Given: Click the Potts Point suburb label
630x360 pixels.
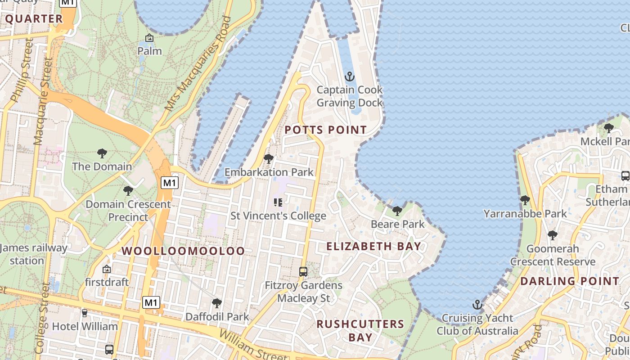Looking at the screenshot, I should [x=326, y=130].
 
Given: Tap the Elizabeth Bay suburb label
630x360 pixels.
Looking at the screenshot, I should [x=373, y=246].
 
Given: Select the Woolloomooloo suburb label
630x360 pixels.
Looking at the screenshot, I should [x=184, y=251].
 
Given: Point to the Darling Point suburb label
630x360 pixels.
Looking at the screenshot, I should [x=570, y=281].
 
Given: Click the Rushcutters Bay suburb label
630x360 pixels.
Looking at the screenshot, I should [x=360, y=330].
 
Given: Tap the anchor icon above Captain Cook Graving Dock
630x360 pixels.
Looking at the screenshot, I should [x=349, y=76].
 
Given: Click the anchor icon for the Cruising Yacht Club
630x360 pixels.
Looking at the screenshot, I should [x=477, y=305].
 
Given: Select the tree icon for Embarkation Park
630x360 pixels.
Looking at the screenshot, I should [x=269, y=159].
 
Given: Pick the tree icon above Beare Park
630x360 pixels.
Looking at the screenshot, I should [x=397, y=211].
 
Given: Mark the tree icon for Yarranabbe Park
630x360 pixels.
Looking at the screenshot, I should [x=525, y=200].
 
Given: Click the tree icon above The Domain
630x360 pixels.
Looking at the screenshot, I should [x=102, y=153].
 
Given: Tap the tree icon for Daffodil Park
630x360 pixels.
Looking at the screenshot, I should [x=217, y=303].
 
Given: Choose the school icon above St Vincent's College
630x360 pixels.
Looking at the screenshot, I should [x=278, y=202].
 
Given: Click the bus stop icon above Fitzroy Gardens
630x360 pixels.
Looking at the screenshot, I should [x=303, y=272].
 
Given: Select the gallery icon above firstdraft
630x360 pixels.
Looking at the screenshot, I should [x=107, y=269].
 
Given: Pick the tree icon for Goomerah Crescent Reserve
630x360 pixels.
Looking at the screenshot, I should [x=553, y=235].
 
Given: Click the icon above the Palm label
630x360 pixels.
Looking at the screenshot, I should [x=149, y=38].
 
